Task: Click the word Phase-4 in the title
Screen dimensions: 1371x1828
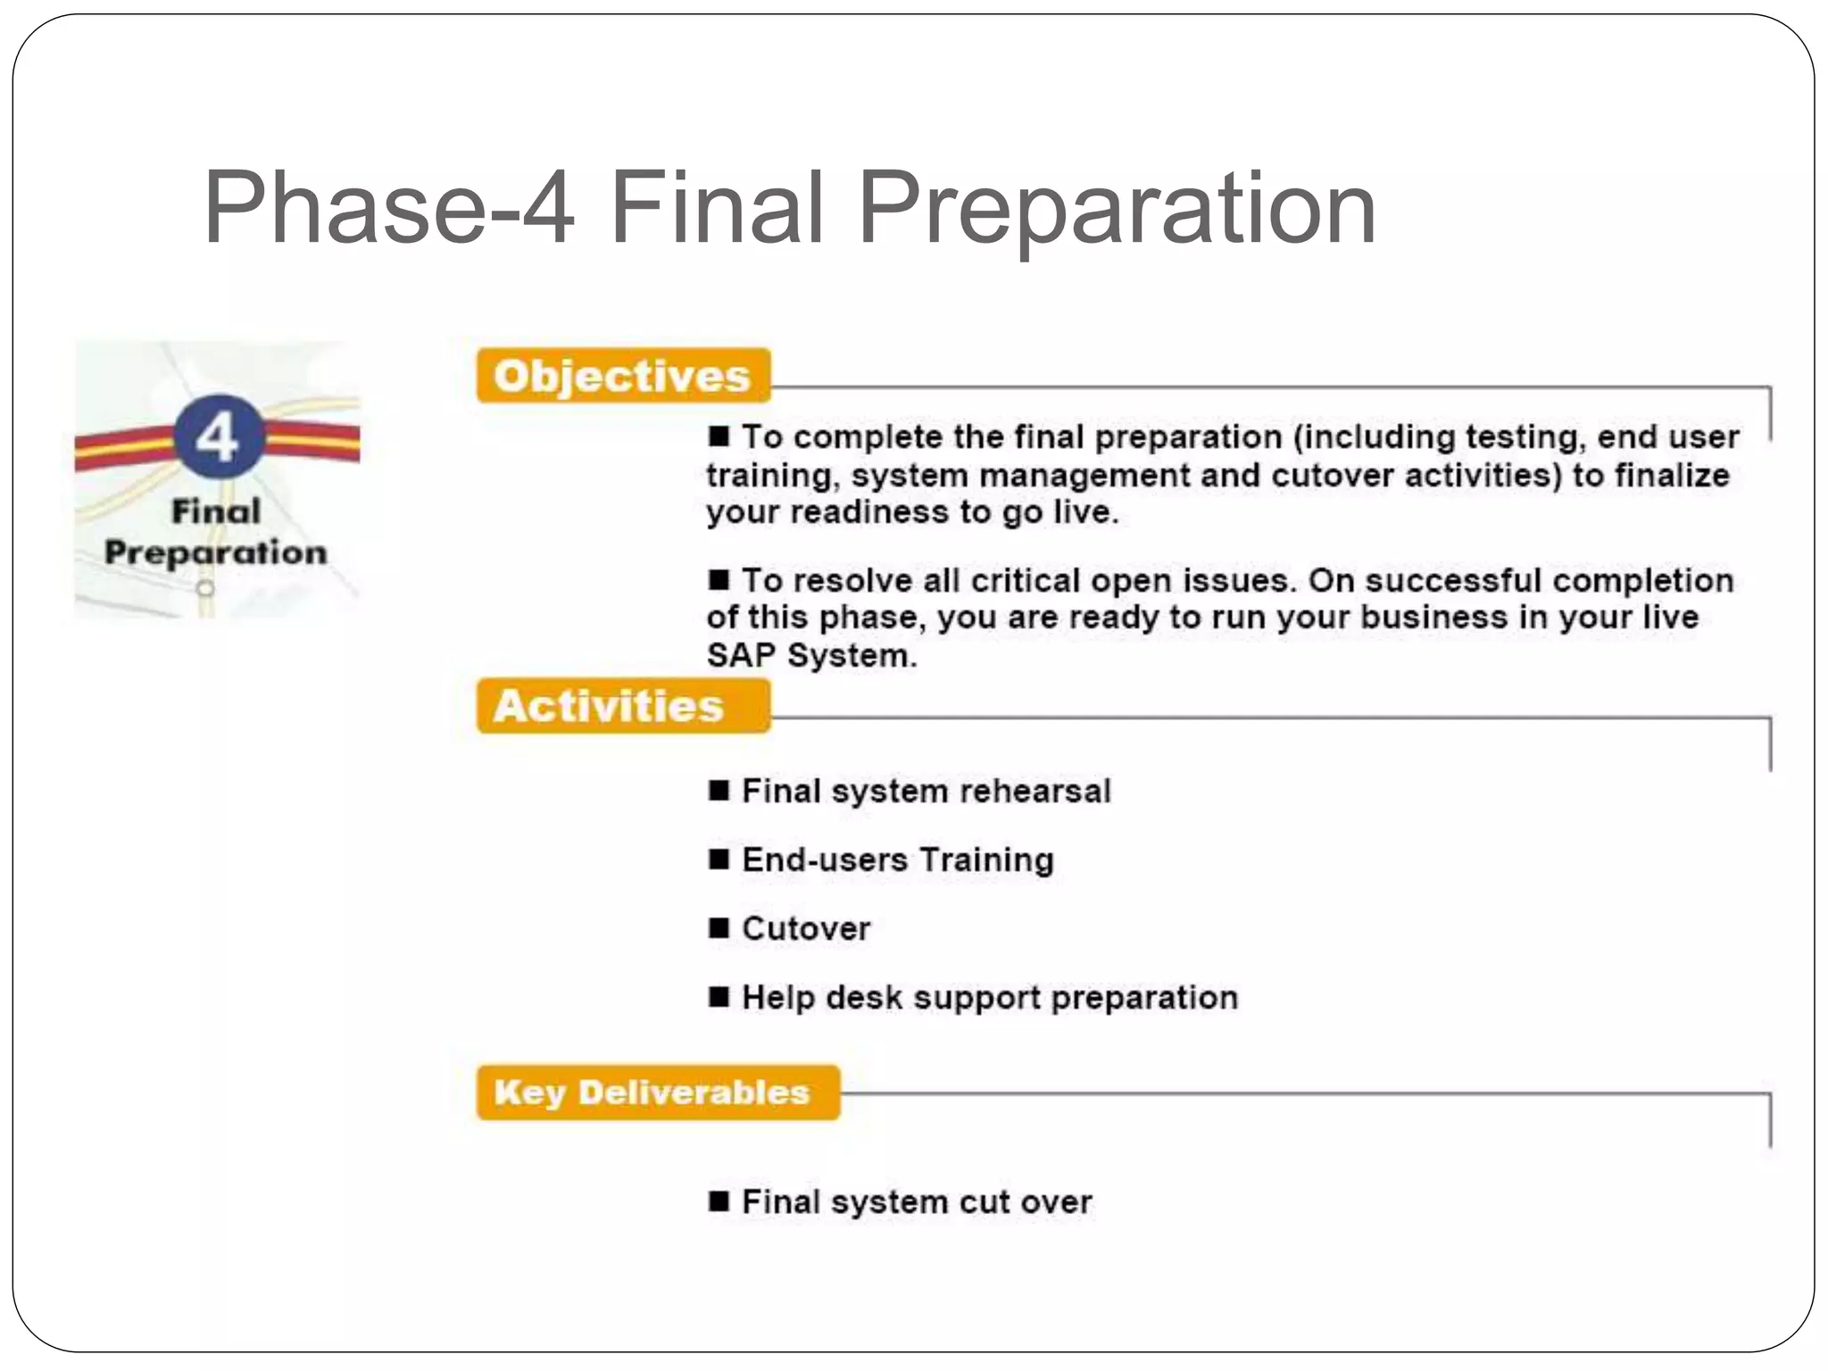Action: [389, 208]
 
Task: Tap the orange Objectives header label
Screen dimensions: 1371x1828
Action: [622, 376]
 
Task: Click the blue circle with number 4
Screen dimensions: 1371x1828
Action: [218, 436]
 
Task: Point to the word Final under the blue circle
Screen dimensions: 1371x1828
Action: [216, 511]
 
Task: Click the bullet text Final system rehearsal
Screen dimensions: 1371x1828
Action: [926, 791]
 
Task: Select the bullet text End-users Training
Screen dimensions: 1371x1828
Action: [897, 860]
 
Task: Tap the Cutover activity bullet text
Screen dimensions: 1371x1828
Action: [805, 928]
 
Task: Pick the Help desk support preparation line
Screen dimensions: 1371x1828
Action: [989, 997]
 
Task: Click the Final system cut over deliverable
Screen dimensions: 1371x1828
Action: [916, 1202]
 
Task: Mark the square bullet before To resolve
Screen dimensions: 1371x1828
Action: [719, 580]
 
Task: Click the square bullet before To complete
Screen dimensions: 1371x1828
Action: [719, 436]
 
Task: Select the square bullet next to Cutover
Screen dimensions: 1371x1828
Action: [719, 928]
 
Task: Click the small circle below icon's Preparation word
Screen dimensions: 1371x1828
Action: [205, 588]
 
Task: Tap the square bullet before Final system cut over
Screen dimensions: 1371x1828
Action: [719, 1201]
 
